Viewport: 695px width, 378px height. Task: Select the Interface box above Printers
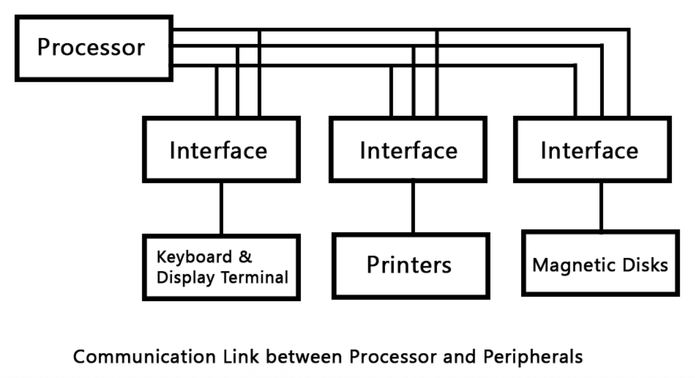coord(408,150)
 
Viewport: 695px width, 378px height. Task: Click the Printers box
coord(410,265)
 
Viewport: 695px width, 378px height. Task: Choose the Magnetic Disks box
coord(600,263)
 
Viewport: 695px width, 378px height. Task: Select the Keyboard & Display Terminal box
coord(221,267)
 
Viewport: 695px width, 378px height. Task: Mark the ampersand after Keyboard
coord(245,256)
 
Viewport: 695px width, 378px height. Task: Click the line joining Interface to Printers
coord(413,207)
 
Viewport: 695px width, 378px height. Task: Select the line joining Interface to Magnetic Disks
coord(601,206)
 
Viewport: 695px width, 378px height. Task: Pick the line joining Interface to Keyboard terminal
coord(221,207)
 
